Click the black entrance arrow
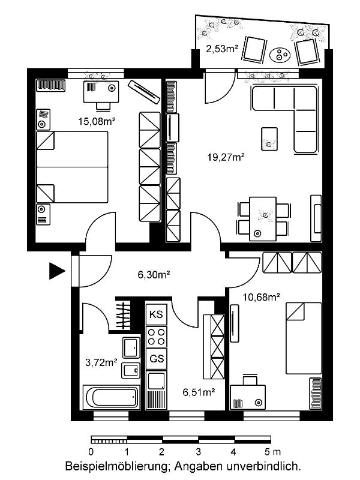(x=56, y=271)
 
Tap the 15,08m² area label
(x=97, y=122)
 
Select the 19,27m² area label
(x=226, y=157)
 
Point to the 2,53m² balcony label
(x=222, y=49)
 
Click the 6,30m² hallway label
(x=154, y=275)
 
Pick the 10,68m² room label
(x=262, y=297)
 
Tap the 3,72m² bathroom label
(x=101, y=363)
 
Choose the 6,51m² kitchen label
(x=199, y=392)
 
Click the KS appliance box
(x=157, y=314)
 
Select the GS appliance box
(x=157, y=358)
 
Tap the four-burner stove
(x=157, y=337)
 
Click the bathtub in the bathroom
(x=112, y=397)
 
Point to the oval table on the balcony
(x=280, y=55)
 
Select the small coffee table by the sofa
(x=269, y=139)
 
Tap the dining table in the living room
(x=263, y=219)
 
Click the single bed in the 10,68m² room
(x=304, y=338)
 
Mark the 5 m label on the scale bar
(x=272, y=452)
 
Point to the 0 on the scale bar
(x=91, y=452)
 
